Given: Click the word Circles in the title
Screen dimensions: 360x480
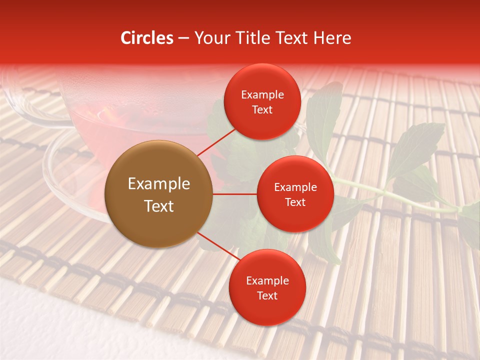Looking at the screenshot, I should click(x=147, y=38).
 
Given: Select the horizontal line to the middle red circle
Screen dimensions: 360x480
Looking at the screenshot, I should click(x=235, y=194).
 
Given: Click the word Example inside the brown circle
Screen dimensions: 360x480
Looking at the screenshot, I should click(x=159, y=184).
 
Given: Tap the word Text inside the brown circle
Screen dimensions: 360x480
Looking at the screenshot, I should click(x=159, y=206).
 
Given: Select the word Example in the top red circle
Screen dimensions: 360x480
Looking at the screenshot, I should click(x=262, y=95).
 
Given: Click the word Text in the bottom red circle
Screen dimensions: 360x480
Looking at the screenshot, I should click(x=267, y=296).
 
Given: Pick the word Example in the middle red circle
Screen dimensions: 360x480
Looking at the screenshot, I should click(x=295, y=187).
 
